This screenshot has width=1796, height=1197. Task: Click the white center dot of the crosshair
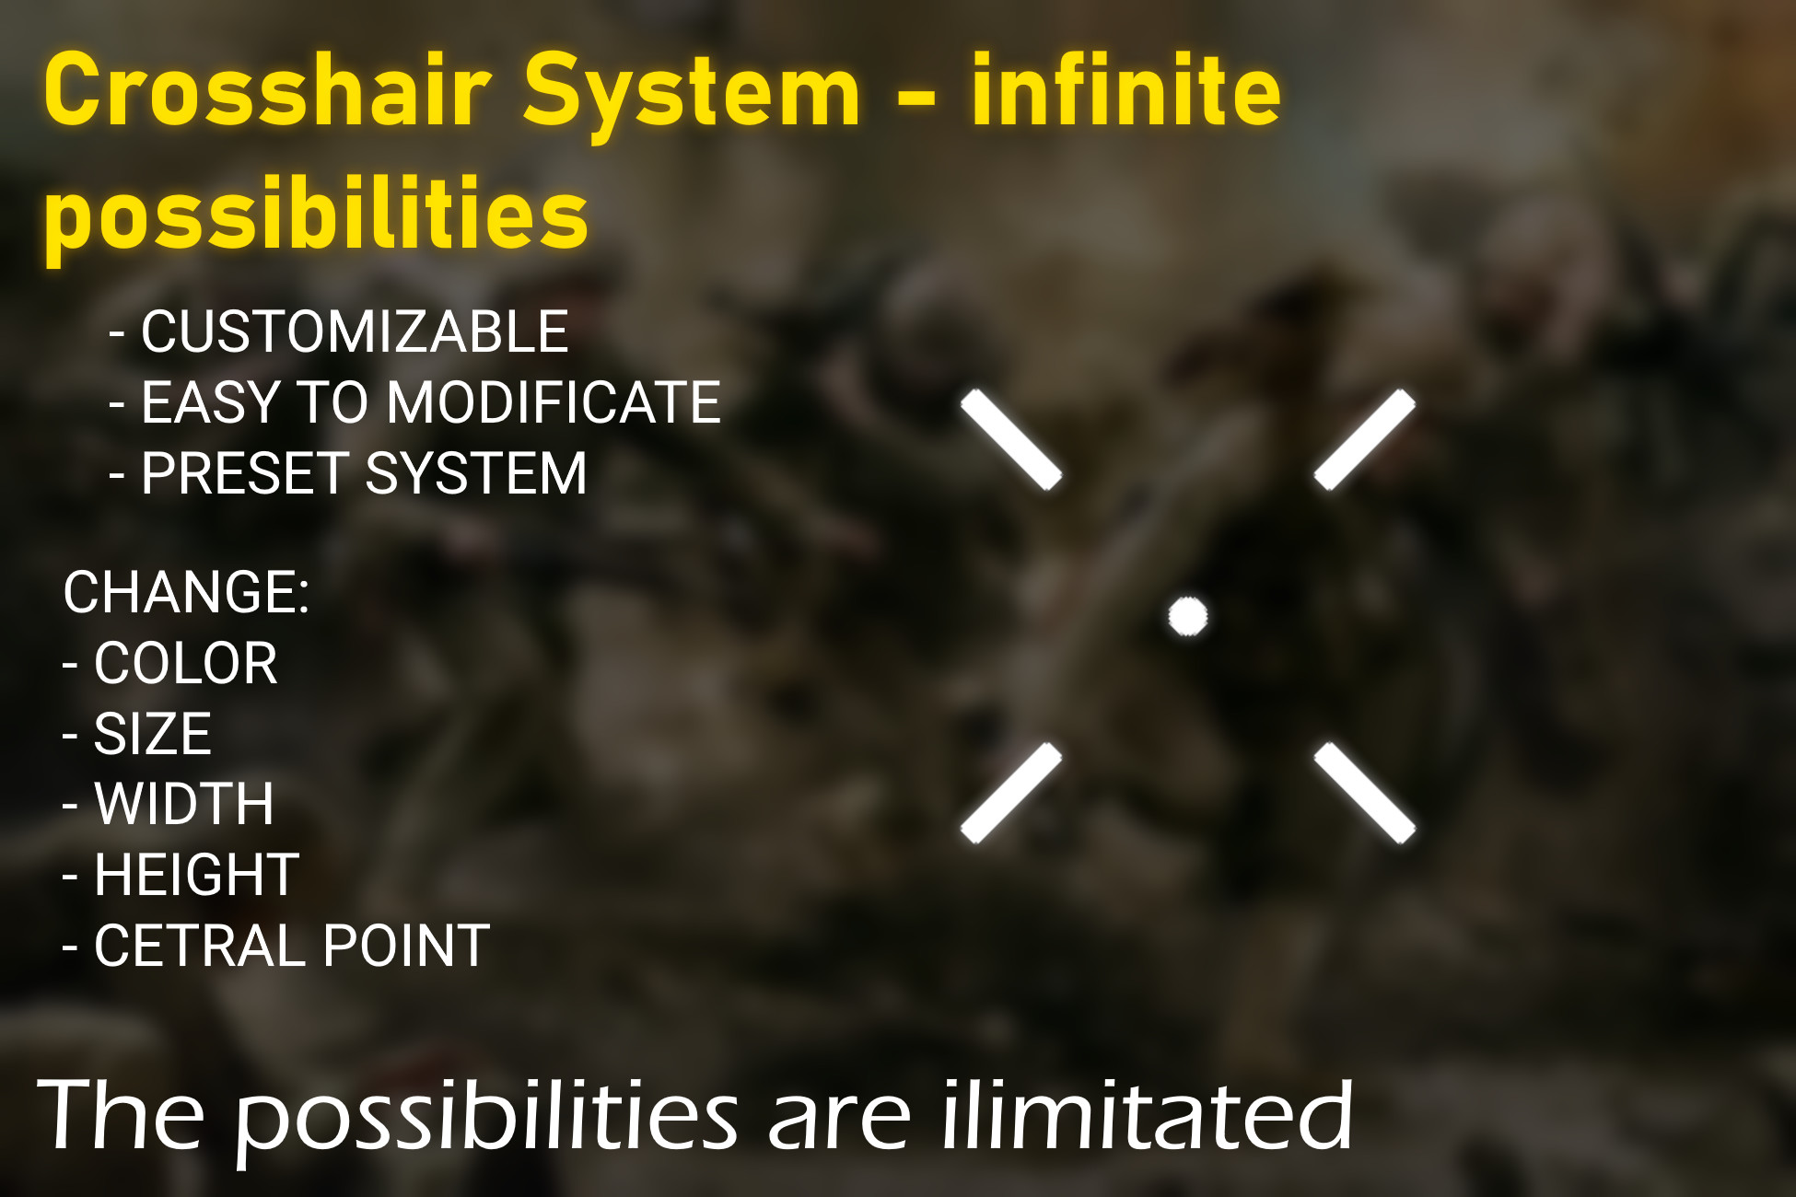(1187, 616)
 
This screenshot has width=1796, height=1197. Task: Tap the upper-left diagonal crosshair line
(1011, 439)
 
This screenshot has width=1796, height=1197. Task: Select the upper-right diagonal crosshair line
(1364, 439)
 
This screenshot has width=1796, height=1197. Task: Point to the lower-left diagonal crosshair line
(1011, 793)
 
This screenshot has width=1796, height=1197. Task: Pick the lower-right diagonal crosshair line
(1364, 793)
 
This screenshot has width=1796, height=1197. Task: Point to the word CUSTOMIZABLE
(355, 331)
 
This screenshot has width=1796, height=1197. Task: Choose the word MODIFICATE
(554, 402)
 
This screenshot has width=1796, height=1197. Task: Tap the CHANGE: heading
(186, 591)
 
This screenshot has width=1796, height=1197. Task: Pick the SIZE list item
(152, 734)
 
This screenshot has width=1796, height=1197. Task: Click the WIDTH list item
(183, 804)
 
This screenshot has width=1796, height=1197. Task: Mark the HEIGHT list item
(196, 875)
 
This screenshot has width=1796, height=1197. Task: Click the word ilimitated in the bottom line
(1147, 1116)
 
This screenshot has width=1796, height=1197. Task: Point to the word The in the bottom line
(121, 1116)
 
